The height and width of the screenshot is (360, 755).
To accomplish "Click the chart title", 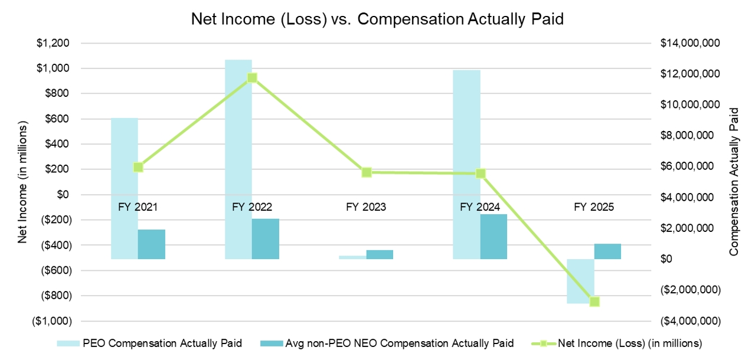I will pos(377,19).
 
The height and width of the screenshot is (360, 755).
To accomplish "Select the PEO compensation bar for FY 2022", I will pos(238,159).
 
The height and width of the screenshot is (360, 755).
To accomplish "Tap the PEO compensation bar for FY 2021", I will pos(125,189).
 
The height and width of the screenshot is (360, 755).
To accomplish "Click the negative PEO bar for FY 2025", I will pos(580,281).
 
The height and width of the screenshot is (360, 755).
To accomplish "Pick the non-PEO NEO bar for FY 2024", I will pos(493,237).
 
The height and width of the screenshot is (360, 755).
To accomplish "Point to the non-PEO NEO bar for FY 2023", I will pos(380,254).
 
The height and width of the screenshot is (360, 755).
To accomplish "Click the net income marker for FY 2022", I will pos(252,78).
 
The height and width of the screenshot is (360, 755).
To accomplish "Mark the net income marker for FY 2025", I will pos(594,302).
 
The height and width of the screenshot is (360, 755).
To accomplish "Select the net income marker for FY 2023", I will pos(367,172).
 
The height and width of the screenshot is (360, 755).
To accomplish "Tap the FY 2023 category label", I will pos(366,207).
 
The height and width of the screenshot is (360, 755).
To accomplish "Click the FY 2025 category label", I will pos(594,207).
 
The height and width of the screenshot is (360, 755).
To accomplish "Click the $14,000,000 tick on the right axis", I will pos(689,43).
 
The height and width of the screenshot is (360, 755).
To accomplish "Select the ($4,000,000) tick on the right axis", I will pos(690,321).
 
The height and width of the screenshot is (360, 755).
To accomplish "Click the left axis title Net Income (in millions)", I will pos(23,182).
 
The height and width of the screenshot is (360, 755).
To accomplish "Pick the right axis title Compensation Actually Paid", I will pos(734,182).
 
